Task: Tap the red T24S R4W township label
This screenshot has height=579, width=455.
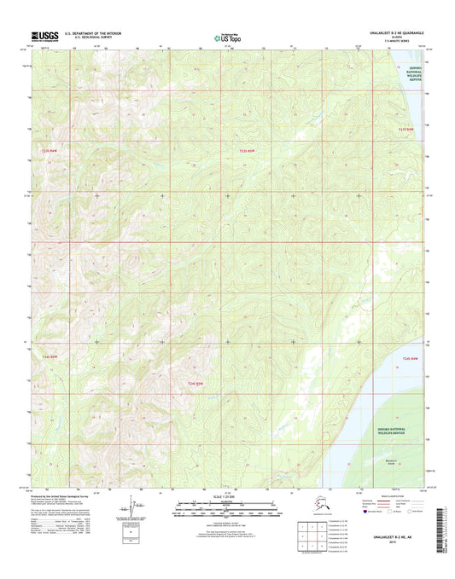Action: pyautogui.click(x=411, y=361)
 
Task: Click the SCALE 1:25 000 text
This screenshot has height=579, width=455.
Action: pyautogui.click(x=227, y=496)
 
